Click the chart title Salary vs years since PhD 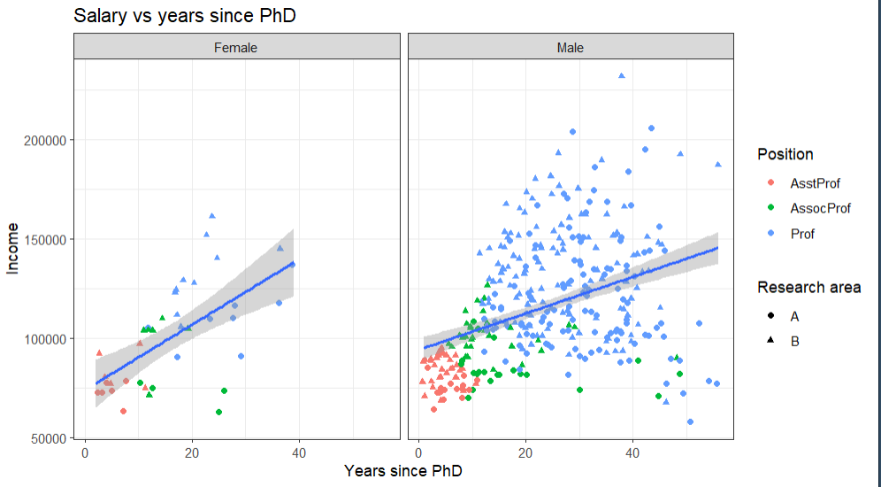point(184,16)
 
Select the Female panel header point(235,47)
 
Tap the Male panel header point(571,47)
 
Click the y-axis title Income point(13,249)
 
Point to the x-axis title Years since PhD point(403,471)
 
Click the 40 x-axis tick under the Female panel point(299,453)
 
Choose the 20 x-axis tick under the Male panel point(526,453)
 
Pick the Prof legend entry point(802,234)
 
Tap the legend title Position point(785,154)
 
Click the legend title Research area point(808,288)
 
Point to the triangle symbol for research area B point(770,341)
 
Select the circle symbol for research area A point(770,315)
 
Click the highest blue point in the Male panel point(622,76)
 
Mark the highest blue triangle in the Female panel point(212,215)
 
